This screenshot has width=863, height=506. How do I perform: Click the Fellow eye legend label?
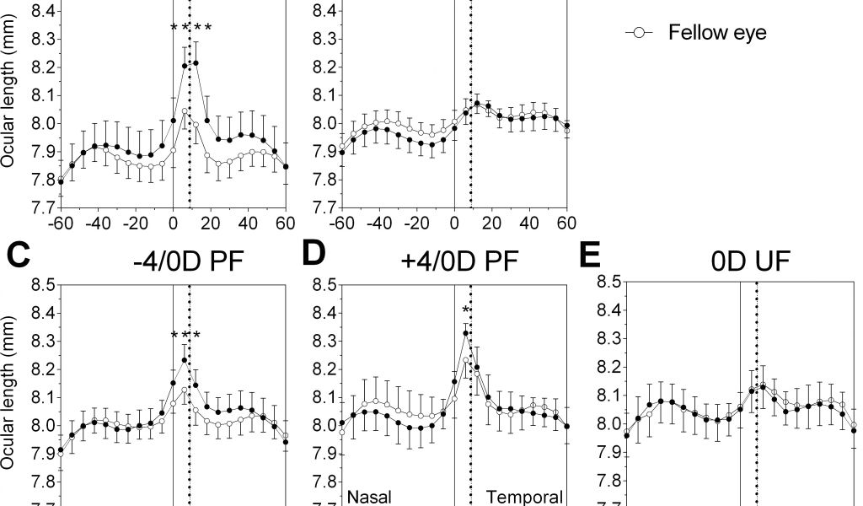717,33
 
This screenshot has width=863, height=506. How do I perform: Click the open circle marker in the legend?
638,33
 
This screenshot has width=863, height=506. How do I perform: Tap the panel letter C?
19,256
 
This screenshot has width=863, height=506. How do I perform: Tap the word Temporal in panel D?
524,497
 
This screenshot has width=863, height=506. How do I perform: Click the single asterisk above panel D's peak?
465,312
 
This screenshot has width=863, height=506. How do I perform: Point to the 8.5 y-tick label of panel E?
608,282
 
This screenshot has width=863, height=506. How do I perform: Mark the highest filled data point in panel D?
465,333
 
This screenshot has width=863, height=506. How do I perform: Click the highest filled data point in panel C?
185,360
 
